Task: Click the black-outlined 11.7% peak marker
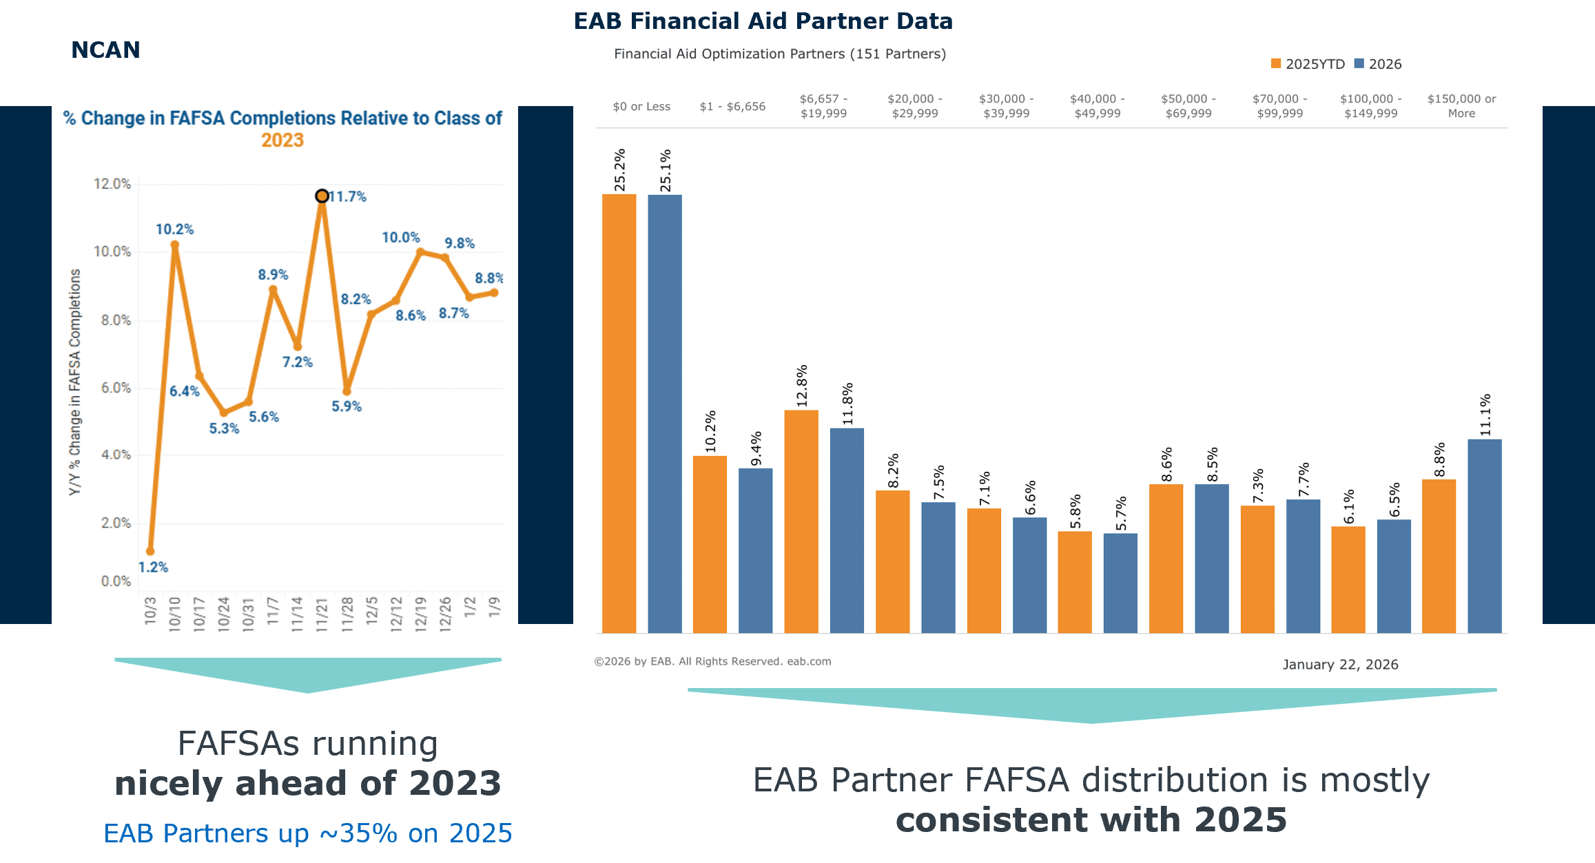pos(322,196)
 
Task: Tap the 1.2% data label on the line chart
pos(153,567)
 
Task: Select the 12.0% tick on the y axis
pos(112,184)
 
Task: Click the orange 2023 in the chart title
pos(282,141)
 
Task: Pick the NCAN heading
pos(105,50)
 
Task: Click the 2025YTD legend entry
pos(1308,64)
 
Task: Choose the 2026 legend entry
pos(1378,64)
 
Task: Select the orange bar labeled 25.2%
pos(619,413)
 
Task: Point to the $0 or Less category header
pos(641,106)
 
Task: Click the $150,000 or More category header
pos(1461,106)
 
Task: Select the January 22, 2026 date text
pos(1340,664)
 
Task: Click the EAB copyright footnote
pos(712,661)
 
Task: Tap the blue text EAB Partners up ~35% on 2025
pos(307,833)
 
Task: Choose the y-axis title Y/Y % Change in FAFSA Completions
pos(75,382)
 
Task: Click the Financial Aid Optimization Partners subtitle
pos(779,54)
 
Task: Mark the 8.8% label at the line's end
pos(488,278)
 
